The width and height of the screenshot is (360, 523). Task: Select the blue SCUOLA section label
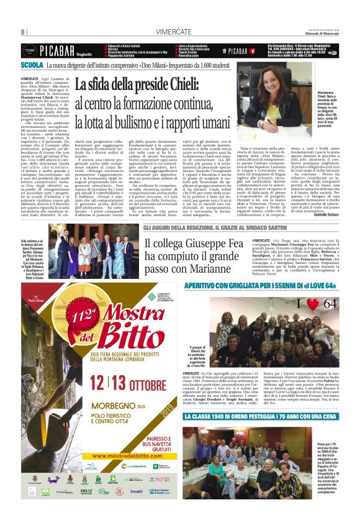point(32,65)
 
